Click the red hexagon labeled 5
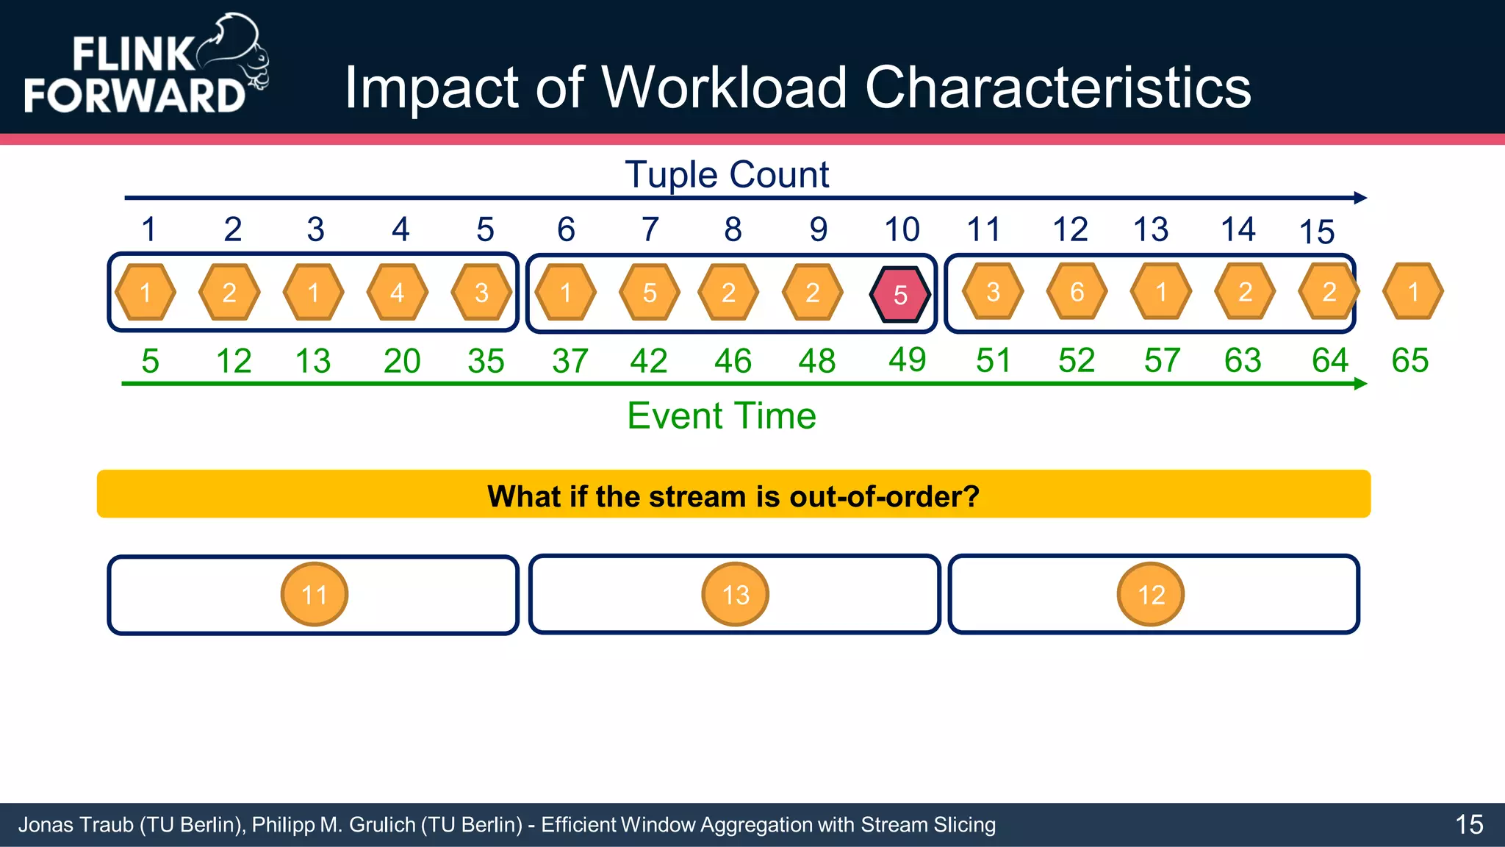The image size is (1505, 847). pyautogui.click(x=900, y=294)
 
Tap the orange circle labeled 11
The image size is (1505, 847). pyautogui.click(x=314, y=594)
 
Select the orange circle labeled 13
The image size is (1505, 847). pyautogui.click(x=735, y=594)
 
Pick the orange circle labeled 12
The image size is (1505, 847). pyautogui.click(x=1151, y=594)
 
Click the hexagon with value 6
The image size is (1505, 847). pyautogui.click(x=1077, y=292)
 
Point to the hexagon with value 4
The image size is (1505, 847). pyautogui.click(x=397, y=293)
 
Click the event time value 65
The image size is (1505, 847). pyautogui.click(x=1409, y=360)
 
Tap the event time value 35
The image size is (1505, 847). pyautogui.click(x=486, y=361)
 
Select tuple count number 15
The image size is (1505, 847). pyautogui.click(x=1316, y=232)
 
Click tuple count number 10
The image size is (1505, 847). pyautogui.click(x=902, y=229)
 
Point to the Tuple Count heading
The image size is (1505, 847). pyautogui.click(x=726, y=175)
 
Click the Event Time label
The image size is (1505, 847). pyautogui.click(x=721, y=415)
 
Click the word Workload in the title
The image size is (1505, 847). pyautogui.click(x=725, y=87)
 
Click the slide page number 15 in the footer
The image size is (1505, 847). pyautogui.click(x=1469, y=824)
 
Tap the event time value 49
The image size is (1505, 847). pyautogui.click(x=907, y=360)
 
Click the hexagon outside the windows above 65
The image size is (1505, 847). pyautogui.click(x=1412, y=292)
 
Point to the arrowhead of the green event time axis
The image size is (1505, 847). pyautogui.click(x=1360, y=383)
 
